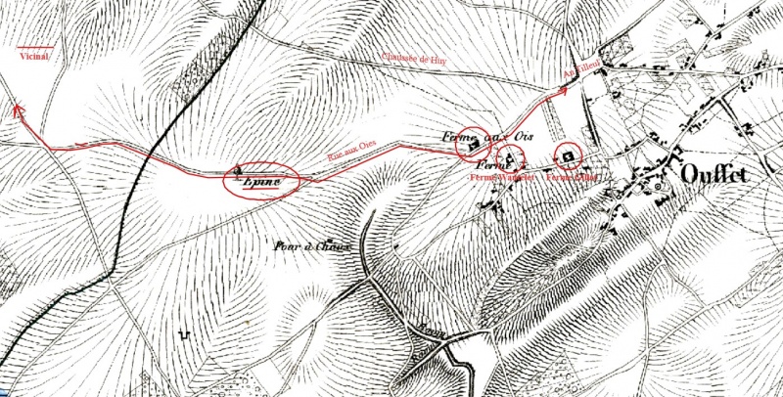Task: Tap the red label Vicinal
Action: pyautogui.click(x=33, y=56)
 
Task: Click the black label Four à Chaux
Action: pyautogui.click(x=311, y=246)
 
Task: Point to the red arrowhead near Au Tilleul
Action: pyautogui.click(x=563, y=90)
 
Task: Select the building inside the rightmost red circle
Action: pyautogui.click(x=567, y=156)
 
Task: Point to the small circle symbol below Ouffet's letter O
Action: pyautogui.click(x=658, y=186)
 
